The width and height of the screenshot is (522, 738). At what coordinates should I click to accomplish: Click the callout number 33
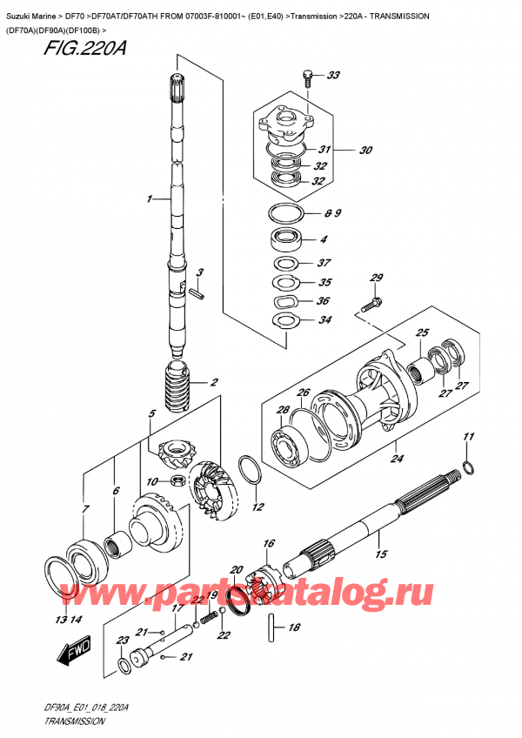pos(332,77)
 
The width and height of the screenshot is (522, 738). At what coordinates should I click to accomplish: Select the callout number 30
pos(365,150)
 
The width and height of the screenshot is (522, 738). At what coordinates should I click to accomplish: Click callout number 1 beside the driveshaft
pos(150,200)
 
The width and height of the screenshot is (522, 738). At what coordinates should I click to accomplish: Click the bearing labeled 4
pos(286,239)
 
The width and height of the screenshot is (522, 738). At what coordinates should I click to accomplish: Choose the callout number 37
pos(325,263)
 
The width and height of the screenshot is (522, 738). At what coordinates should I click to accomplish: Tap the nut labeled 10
pos(177,480)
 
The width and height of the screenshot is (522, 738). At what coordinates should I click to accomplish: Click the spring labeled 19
pos(208,618)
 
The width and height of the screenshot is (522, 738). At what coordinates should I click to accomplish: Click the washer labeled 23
pos(125,667)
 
